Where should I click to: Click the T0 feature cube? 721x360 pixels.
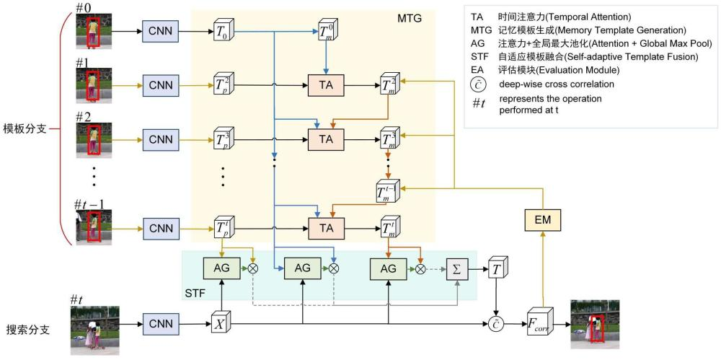(222, 32)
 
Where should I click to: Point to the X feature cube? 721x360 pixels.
(219, 323)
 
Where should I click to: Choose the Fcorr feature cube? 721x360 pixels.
(539, 323)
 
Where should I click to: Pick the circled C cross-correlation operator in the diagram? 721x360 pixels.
(497, 323)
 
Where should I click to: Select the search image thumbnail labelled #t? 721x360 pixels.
(94, 330)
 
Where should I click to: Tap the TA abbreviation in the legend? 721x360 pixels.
(477, 16)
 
